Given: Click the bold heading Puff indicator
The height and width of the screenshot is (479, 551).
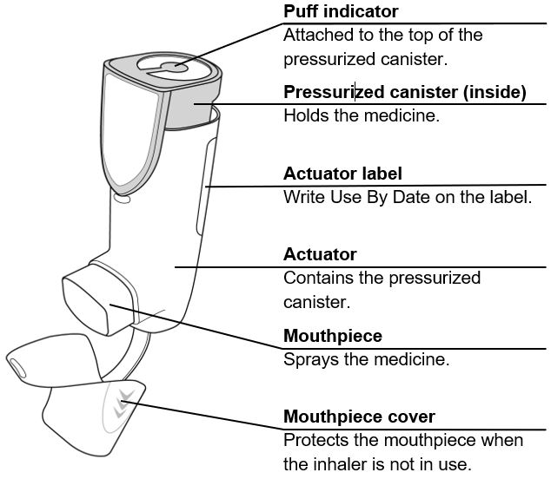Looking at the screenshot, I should point(341,12).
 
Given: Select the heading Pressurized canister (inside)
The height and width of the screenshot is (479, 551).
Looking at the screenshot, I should point(405,93).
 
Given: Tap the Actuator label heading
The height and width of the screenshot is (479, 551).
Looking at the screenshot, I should point(342,174).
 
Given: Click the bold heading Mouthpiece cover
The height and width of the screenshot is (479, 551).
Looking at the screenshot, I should point(359,417).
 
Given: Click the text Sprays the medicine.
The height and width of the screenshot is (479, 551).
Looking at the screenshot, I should point(366,358).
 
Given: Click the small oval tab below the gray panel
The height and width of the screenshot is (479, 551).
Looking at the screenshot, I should point(122,199).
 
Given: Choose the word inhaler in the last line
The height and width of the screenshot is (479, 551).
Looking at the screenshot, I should point(342,463).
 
